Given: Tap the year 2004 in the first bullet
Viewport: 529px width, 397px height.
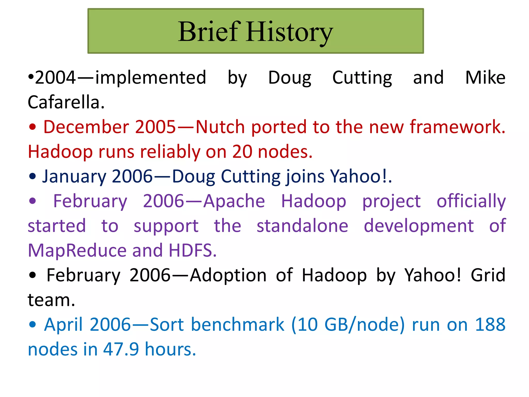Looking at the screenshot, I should click(x=55, y=78).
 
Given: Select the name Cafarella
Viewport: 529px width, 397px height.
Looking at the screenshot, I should click(x=66, y=102).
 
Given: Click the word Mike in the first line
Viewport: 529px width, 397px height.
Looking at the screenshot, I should click(x=485, y=78).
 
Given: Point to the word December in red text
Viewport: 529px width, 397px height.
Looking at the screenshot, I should click(x=86, y=127).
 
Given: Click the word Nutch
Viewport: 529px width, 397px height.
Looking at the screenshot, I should click(x=220, y=127).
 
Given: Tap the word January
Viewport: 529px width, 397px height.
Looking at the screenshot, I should click(x=74, y=177).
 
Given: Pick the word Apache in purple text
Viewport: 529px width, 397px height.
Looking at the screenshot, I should click(x=234, y=201).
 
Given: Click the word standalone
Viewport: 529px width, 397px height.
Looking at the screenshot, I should click(x=302, y=226).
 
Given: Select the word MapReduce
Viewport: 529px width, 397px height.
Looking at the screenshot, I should click(x=77, y=251).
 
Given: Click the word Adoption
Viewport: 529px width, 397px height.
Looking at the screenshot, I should click(x=228, y=275).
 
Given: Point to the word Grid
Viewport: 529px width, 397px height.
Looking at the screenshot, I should click(x=488, y=275).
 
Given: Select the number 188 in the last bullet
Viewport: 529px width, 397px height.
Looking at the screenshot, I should click(x=490, y=325).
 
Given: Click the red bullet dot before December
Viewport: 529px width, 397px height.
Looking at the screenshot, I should click(x=33, y=127).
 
